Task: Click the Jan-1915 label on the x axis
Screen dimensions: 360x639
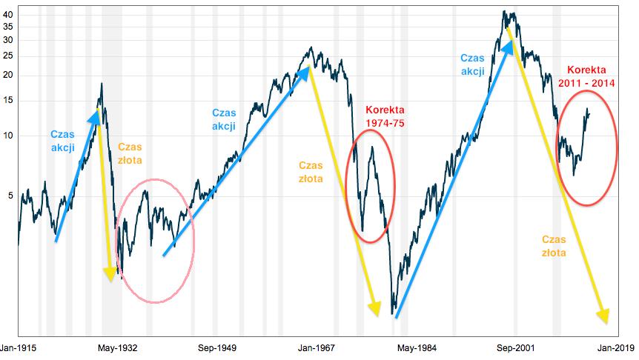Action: point(19,347)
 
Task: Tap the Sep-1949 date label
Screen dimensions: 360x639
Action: point(218,347)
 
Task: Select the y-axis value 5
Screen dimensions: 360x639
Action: point(10,196)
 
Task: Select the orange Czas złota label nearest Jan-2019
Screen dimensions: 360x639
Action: point(554,246)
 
